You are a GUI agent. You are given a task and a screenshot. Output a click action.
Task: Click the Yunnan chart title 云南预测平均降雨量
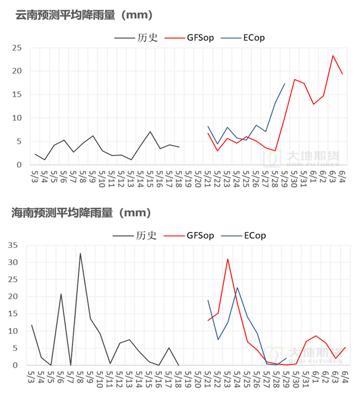pyautogui.click(x=84, y=15)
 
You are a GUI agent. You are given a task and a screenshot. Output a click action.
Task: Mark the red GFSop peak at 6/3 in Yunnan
pyautogui.click(x=333, y=56)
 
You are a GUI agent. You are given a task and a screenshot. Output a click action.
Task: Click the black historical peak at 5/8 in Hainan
pyautogui.click(x=80, y=253)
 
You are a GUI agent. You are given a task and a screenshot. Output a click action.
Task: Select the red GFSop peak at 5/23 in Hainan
pyautogui.click(x=227, y=259)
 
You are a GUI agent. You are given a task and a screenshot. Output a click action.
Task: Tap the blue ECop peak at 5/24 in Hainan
pyautogui.click(x=237, y=288)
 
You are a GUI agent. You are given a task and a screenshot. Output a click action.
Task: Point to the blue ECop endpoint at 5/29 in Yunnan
pyautogui.click(x=284, y=83)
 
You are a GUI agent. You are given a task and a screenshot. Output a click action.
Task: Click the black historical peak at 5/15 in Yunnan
pyautogui.click(x=150, y=131)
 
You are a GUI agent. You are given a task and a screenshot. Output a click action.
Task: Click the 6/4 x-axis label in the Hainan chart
pyautogui.click(x=344, y=377)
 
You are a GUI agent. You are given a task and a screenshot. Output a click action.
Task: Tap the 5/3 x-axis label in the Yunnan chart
pyautogui.click(x=34, y=177)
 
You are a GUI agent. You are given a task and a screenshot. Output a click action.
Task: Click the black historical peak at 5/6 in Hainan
pyautogui.click(x=61, y=294)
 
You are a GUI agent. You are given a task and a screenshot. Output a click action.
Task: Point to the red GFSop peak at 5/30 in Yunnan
pyautogui.click(x=294, y=79)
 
